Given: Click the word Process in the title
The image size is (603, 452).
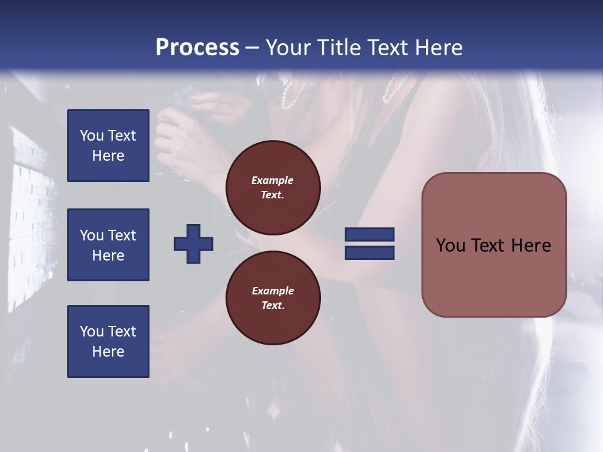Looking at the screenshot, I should click(197, 47).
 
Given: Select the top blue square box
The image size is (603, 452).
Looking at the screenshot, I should click(108, 146).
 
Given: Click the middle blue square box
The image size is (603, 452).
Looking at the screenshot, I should click(108, 245).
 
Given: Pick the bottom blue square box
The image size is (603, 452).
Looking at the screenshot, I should click(108, 342).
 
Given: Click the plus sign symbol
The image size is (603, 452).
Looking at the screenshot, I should click(193, 244).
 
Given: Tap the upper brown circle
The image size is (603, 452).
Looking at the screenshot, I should click(273, 188).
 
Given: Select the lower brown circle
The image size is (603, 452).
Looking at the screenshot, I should click(273, 298).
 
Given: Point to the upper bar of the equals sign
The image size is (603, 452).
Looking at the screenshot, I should click(369, 235).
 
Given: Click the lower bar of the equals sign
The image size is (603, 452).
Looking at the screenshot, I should click(369, 252).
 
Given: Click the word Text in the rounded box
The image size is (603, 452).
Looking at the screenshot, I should click(487, 245).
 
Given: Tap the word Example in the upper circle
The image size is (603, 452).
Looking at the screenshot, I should click(273, 180).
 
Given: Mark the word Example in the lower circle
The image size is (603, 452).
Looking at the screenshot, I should click(273, 291).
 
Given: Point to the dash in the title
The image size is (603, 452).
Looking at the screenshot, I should click(253, 48).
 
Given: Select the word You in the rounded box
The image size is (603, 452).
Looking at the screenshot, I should click(450, 245).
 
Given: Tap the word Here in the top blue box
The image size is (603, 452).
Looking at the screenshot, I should click(108, 156).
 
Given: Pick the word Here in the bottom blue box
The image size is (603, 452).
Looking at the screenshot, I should click(108, 352).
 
